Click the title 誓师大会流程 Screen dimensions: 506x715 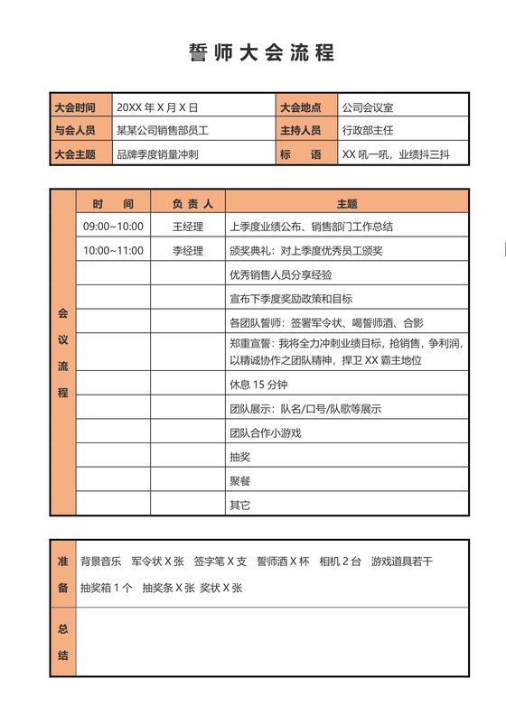tap(261, 52)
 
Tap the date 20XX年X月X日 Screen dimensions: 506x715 tap(156, 107)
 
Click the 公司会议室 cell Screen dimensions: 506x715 tap(368, 107)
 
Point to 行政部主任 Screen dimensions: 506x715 tap(368, 130)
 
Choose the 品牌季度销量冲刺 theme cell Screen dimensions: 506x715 tap(156, 154)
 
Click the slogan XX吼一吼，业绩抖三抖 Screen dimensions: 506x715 tap(396, 154)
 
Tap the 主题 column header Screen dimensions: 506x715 tap(347, 203)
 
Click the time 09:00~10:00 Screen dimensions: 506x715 tap(113, 227)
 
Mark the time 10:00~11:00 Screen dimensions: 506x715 tap(113, 250)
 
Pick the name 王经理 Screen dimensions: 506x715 tap(188, 227)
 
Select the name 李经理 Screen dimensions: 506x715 tap(188, 250)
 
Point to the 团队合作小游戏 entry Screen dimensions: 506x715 tap(265, 432)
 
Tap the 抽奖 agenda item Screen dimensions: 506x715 tap(239, 456)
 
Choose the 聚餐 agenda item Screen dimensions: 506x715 tap(239, 480)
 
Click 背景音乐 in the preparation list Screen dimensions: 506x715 tap(100, 562)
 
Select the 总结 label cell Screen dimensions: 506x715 tap(63, 642)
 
